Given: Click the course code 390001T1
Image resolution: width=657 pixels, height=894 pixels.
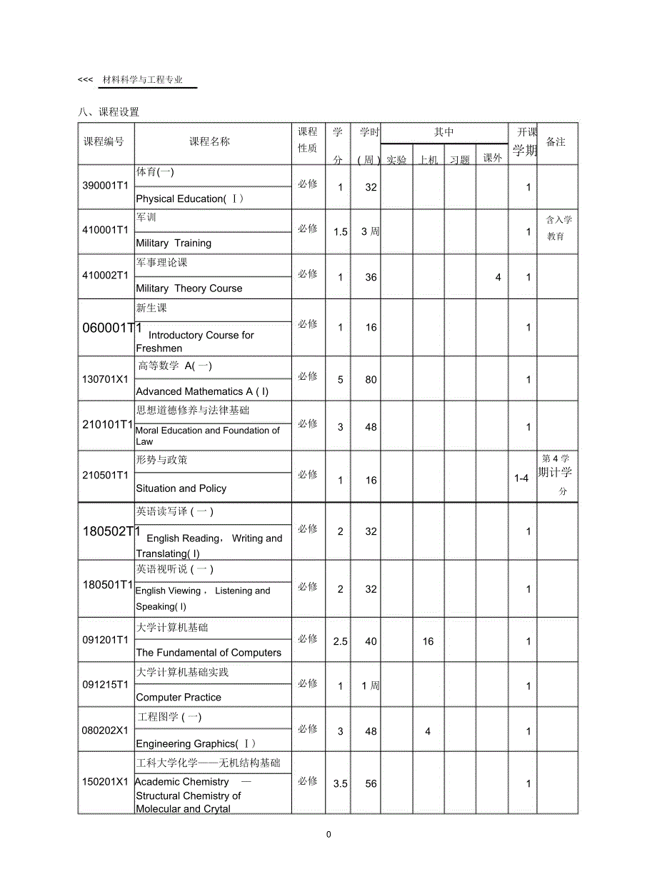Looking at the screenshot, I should click(x=105, y=186).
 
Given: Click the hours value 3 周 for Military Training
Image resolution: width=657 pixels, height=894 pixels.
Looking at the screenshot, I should click(x=370, y=231).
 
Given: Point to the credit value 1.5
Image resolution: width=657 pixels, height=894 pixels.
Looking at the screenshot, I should click(x=341, y=231).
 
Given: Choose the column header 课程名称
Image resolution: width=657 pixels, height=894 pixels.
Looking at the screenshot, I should click(x=209, y=141).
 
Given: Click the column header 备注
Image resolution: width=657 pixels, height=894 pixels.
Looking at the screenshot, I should click(x=556, y=141).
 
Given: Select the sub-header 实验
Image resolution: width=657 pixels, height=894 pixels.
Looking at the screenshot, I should click(x=396, y=160).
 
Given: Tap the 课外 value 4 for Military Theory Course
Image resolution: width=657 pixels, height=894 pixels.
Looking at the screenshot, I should click(x=498, y=277).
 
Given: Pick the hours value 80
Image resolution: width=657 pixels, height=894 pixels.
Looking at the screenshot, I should click(x=371, y=380).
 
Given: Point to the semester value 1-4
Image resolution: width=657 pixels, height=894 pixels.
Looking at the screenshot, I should click(x=521, y=478).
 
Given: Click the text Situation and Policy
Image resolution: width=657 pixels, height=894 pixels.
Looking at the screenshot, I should click(x=181, y=488).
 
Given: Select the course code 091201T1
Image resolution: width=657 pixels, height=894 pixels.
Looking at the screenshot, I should click(x=105, y=639).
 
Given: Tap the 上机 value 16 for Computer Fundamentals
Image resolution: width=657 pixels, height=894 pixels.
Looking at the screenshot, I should click(x=428, y=641).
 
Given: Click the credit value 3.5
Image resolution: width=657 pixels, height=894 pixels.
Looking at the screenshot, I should click(x=341, y=783).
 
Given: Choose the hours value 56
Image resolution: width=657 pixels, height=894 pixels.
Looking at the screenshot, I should click(x=371, y=783).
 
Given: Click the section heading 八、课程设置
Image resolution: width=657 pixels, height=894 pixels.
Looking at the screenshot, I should click(x=109, y=112).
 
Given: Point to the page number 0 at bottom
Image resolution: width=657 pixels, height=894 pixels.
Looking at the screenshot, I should click(x=328, y=834).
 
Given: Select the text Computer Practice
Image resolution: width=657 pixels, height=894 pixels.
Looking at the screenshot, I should click(x=179, y=697).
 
